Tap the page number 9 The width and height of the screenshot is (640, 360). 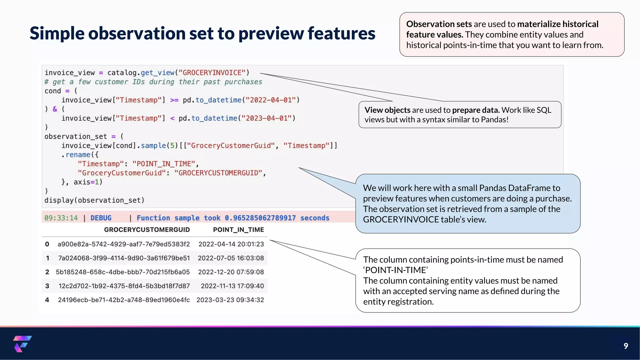tap(626, 346)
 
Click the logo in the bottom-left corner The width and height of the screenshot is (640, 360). tap(22, 344)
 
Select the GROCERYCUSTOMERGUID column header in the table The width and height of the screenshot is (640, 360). tap(147, 230)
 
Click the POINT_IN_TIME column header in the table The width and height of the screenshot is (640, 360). tap(238, 230)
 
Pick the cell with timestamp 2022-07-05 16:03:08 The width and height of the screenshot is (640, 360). tap(231, 258)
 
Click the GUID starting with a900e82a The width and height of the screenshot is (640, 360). tap(123, 244)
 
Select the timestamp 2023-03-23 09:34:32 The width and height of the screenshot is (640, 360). tap(230, 300)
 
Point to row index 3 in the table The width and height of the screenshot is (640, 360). tap(47, 286)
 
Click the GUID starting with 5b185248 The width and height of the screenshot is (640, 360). tap(123, 272)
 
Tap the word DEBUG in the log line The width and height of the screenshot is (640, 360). tap(101, 218)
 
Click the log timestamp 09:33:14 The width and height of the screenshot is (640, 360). tap(61, 218)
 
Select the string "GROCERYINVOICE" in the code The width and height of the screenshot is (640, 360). tap(212, 73)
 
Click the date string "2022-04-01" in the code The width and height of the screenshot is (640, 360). tap(271, 100)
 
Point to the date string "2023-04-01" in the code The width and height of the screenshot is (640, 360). tap(267, 118)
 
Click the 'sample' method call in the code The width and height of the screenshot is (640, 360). tap(153, 146)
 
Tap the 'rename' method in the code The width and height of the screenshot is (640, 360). tap(78, 155)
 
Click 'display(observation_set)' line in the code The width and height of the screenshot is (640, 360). tap(94, 200)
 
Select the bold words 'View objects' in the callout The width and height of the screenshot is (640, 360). tap(387, 110)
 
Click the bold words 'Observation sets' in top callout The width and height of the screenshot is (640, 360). tap(439, 24)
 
